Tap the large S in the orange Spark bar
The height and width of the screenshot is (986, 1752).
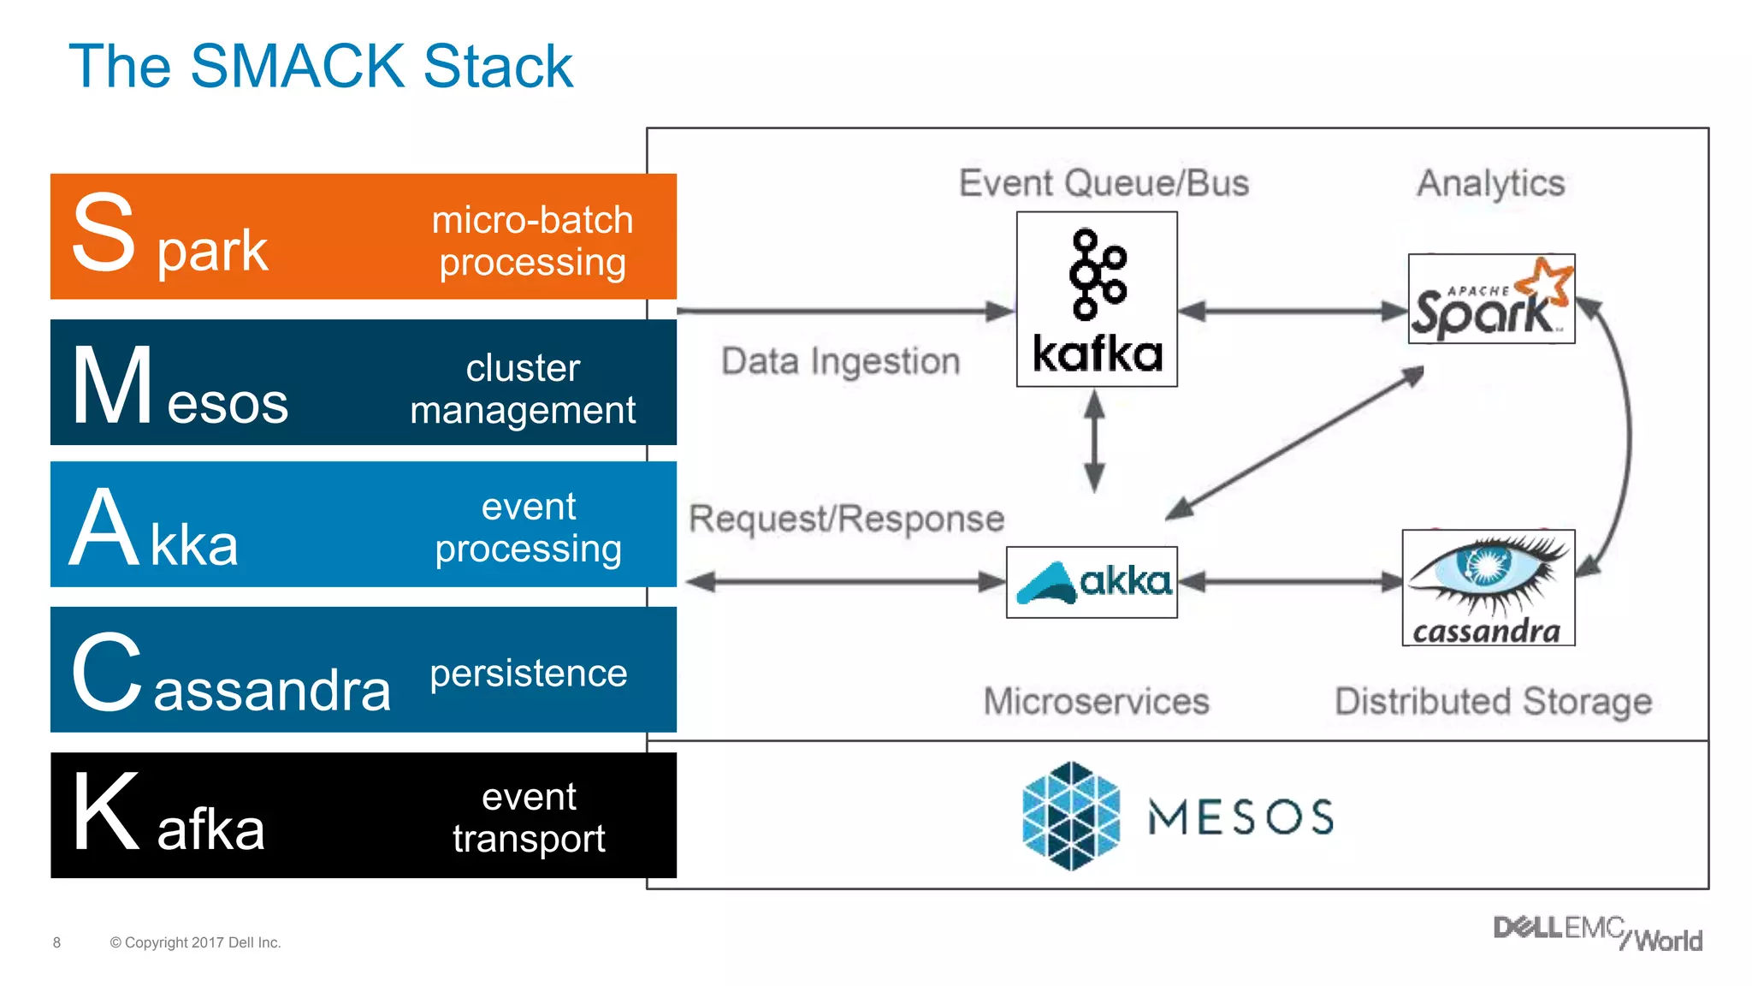click(x=104, y=233)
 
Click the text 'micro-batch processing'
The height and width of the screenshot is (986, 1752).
click(x=532, y=241)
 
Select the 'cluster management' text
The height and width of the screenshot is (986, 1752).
click(x=523, y=389)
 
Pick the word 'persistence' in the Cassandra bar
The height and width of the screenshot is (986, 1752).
click(x=529, y=673)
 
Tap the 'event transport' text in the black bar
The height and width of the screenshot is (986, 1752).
click(x=529, y=817)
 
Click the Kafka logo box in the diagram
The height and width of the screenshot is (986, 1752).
click(x=1097, y=300)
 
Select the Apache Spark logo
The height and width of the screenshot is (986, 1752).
click(x=1491, y=299)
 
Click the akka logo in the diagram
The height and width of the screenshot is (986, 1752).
click(x=1092, y=582)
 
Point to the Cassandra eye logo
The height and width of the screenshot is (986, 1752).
click(x=1489, y=587)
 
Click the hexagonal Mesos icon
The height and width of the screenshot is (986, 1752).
click(x=1070, y=816)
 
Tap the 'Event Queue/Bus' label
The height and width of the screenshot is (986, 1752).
click(x=1104, y=183)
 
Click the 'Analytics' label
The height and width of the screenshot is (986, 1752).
click(x=1490, y=183)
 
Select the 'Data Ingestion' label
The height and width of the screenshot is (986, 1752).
click(x=840, y=361)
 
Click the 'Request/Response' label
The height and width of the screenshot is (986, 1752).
click(x=847, y=519)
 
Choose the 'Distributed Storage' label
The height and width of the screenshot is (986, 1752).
click(x=1493, y=701)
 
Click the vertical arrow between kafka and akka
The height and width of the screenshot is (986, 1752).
click(x=1094, y=441)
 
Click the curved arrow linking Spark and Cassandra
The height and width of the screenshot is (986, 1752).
click(x=1627, y=437)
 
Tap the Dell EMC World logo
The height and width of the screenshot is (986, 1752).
click(x=1597, y=934)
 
